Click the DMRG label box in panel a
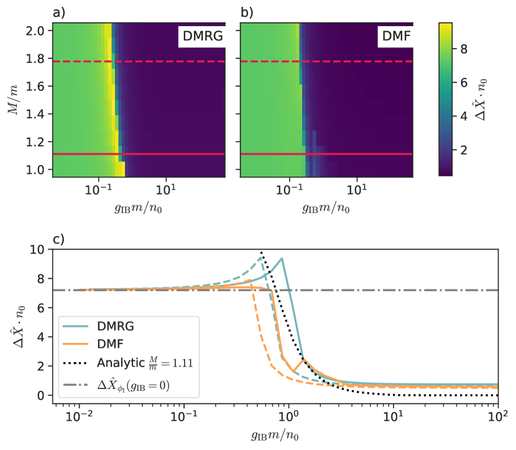coord(201,38)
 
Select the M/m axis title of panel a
coord(12,100)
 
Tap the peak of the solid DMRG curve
coord(282,258)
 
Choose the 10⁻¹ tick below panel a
coord(98,189)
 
